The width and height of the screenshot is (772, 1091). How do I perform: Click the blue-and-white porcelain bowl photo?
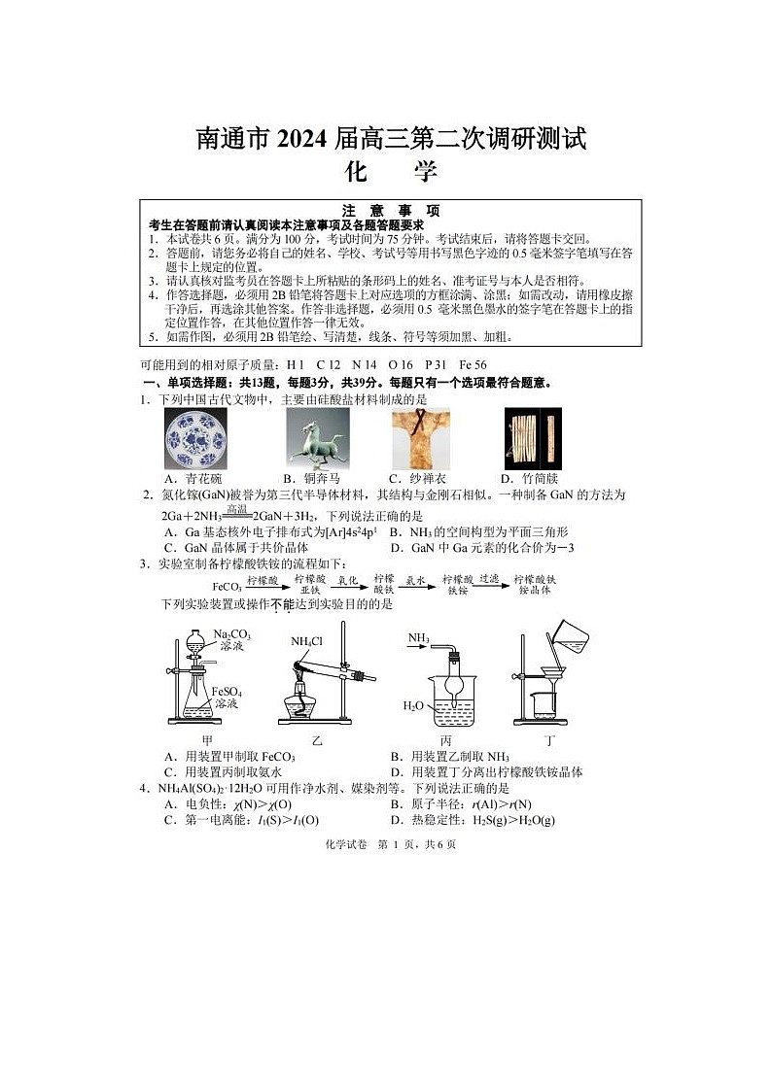click(x=194, y=438)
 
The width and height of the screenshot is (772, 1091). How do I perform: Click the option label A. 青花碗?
click(x=193, y=479)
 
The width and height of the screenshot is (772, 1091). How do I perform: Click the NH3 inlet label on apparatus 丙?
click(x=418, y=638)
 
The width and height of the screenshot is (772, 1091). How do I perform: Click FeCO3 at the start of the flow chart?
click(x=227, y=587)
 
